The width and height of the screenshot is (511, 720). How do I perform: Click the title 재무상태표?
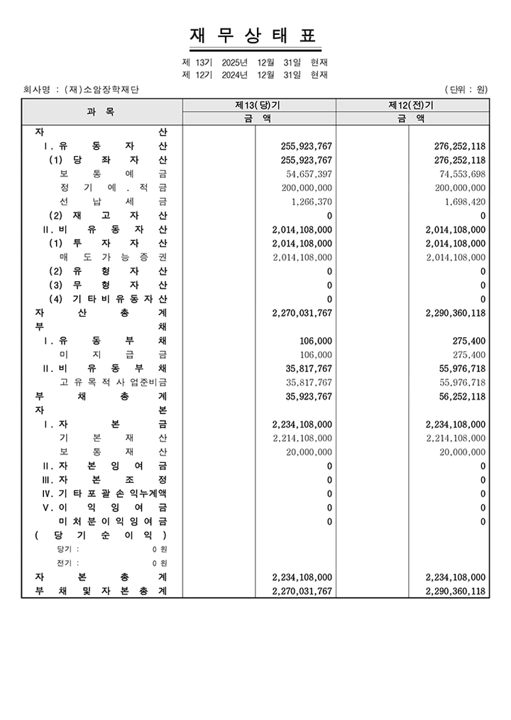click(255, 36)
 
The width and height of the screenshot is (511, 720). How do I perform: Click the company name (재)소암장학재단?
click(101, 89)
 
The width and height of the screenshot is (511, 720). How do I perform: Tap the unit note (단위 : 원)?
click(466, 89)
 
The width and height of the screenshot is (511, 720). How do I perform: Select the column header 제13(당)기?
click(258, 105)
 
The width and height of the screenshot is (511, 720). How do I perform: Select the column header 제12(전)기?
click(412, 105)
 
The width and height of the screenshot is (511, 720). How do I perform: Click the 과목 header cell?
click(101, 112)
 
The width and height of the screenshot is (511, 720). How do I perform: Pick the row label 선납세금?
click(114, 202)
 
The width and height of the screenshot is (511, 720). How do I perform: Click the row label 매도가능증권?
click(114, 257)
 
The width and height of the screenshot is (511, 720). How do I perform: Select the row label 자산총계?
click(101, 312)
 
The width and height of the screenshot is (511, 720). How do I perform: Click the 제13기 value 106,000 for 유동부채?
click(316, 341)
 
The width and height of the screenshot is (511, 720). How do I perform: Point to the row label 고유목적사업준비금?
click(114, 382)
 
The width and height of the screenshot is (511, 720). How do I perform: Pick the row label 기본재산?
click(114, 438)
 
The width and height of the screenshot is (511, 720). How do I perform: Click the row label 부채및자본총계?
click(101, 591)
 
